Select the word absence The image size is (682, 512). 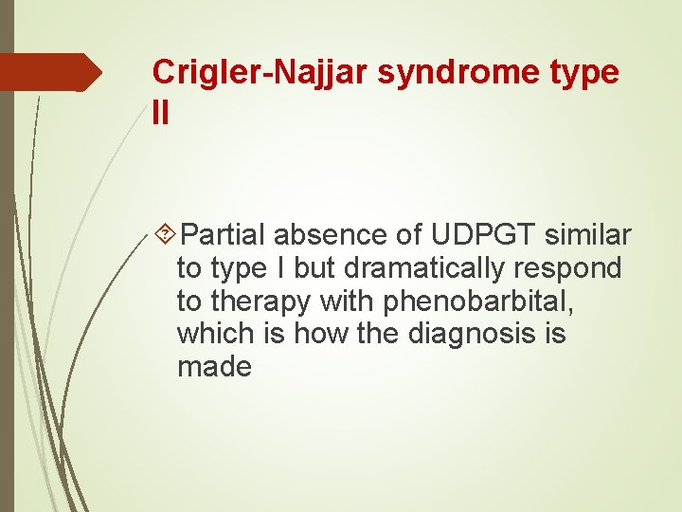point(325,235)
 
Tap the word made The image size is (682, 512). point(215,367)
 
